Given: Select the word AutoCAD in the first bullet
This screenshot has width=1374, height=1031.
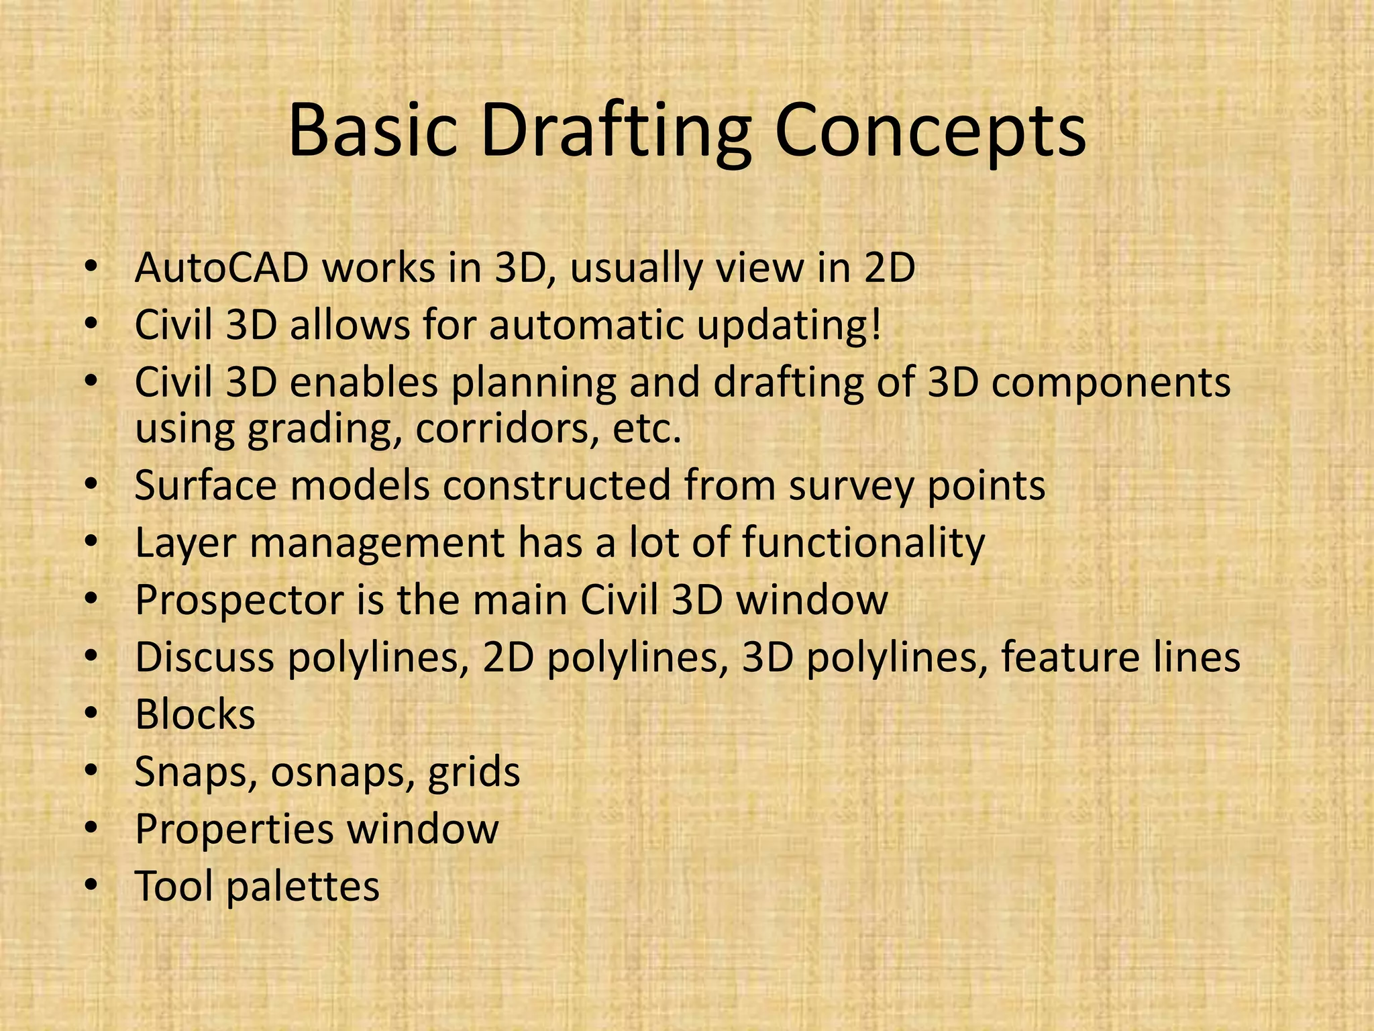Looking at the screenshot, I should pyautogui.click(x=221, y=268).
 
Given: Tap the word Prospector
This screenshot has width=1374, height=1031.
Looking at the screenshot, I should pyautogui.click(x=239, y=600).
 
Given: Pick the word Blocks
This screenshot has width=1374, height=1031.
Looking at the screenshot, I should pyautogui.click(x=195, y=714).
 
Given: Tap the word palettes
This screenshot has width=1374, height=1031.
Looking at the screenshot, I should pyautogui.click(x=302, y=887).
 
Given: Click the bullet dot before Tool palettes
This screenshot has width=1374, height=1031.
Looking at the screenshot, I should pyautogui.click(x=91, y=885).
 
